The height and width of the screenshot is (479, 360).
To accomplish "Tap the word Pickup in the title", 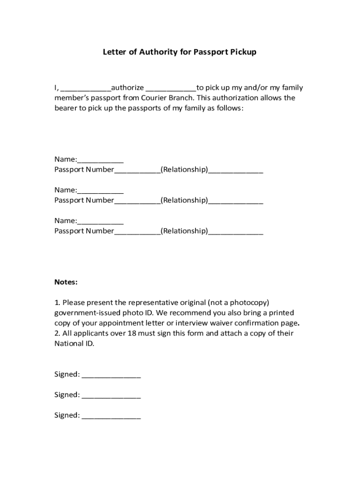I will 243,52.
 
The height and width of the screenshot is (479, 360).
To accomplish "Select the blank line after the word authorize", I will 171,89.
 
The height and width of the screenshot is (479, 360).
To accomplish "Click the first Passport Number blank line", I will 137,171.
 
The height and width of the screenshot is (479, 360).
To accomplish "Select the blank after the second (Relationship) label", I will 236,202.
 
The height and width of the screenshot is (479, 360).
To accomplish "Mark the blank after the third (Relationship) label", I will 236,232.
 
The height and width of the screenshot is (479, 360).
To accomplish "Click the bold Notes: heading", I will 66,282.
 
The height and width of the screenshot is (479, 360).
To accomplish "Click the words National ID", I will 74,343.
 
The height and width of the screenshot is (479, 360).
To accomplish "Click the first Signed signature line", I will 111,376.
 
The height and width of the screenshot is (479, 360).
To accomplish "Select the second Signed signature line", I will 111,396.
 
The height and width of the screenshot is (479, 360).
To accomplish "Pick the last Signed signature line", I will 111,416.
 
